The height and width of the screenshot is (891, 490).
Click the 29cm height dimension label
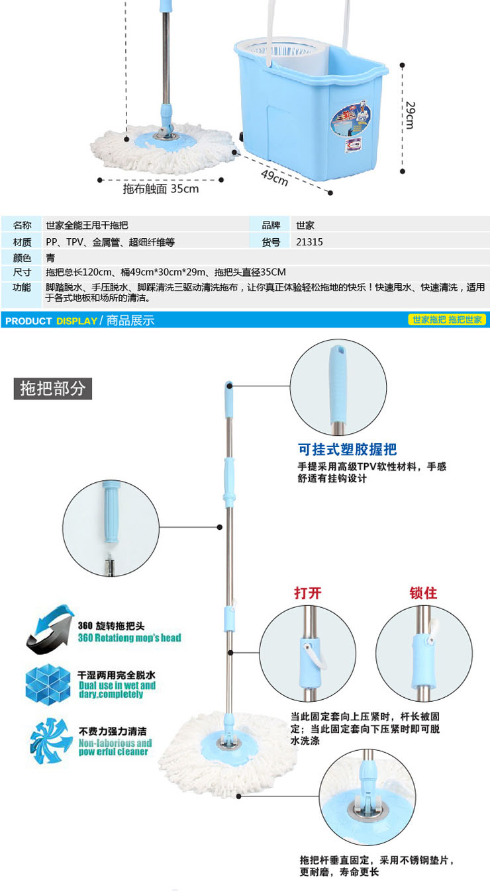pyautogui.click(x=410, y=115)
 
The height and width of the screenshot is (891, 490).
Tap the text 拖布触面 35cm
pyautogui.click(x=161, y=189)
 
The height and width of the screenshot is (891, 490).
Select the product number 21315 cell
pyautogui.click(x=310, y=242)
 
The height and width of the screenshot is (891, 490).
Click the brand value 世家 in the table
pyautogui.click(x=305, y=225)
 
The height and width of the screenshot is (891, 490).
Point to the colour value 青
pyautogui.click(x=50, y=258)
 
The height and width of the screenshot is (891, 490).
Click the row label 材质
pyautogui.click(x=22, y=242)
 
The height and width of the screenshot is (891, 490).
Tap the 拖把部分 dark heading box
pyautogui.click(x=53, y=388)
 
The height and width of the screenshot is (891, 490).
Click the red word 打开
pyautogui.click(x=307, y=593)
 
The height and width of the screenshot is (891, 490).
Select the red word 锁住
pyautogui.click(x=423, y=593)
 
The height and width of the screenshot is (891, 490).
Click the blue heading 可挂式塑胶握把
pyautogui.click(x=347, y=450)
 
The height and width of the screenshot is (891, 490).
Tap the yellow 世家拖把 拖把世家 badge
pyautogui.click(x=447, y=320)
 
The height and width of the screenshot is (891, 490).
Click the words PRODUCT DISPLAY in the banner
pyautogui.click(x=50, y=321)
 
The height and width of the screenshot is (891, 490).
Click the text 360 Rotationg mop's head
pyautogui.click(x=129, y=638)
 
